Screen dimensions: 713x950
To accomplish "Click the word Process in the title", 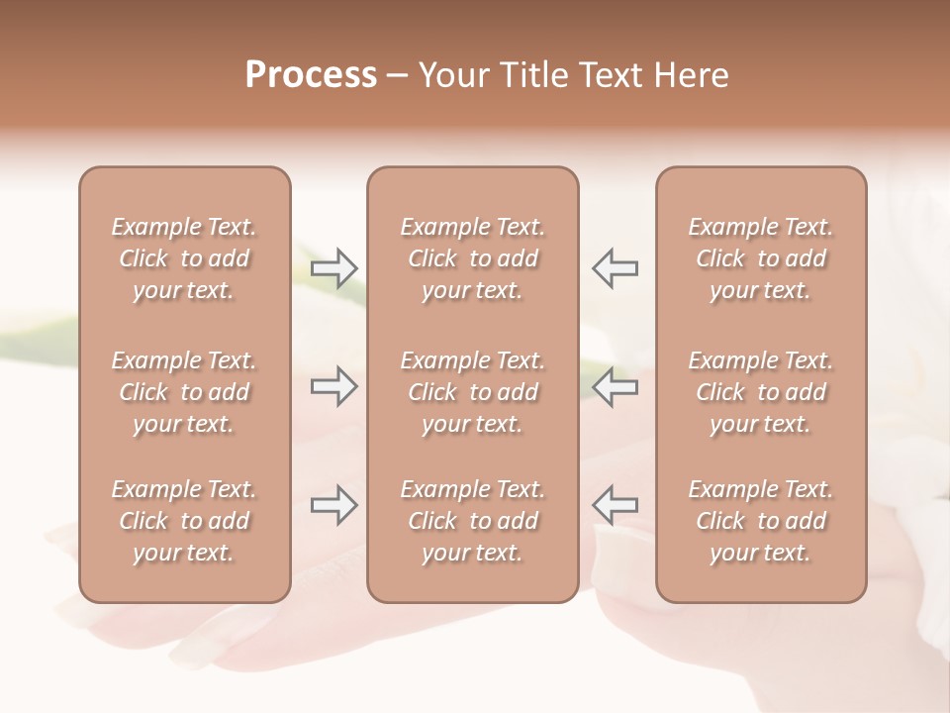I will point(311,75).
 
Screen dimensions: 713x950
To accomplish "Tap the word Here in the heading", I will point(689,75).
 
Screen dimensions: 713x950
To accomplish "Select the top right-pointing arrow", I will point(334,268).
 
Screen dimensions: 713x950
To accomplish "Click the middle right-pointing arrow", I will point(334,387).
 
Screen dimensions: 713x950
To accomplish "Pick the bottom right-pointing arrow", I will point(334,505).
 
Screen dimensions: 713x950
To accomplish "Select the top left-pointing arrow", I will point(616,268).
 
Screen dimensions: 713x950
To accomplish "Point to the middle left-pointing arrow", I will point(616,387).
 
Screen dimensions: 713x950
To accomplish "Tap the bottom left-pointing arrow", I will point(616,505).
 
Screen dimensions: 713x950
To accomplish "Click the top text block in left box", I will point(184,258).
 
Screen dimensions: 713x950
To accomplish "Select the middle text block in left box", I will point(184,392).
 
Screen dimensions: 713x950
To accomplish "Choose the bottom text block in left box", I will point(184,521).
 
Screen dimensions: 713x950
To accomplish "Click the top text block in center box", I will point(473,258).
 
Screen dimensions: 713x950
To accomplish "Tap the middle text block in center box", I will point(473,392).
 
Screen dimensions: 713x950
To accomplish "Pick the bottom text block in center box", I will point(473,521).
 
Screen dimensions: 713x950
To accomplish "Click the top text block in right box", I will point(761,258).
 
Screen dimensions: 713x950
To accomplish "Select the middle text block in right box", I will point(761,392).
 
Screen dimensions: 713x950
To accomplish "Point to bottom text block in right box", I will point(761,521).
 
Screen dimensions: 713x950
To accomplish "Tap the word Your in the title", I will point(452,75).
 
